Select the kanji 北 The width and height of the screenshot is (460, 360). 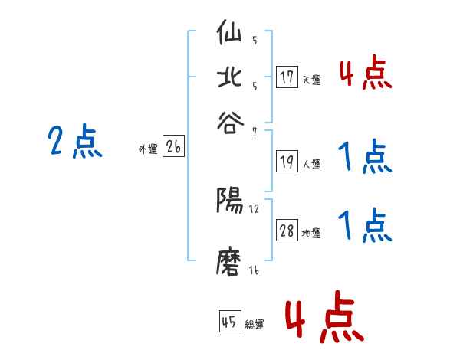(x=230, y=78)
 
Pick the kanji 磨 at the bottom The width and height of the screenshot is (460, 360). (x=230, y=263)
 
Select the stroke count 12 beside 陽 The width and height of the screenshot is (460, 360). (x=255, y=209)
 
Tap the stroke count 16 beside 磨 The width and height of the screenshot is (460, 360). (x=254, y=271)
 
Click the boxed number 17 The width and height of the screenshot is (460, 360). (x=287, y=77)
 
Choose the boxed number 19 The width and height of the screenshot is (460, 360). (x=287, y=161)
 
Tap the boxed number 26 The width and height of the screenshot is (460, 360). (x=173, y=147)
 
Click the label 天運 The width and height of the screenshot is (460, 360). (x=311, y=80)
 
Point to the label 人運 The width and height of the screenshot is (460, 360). (x=311, y=163)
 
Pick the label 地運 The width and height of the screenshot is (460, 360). (x=312, y=233)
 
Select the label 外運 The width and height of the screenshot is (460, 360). (x=148, y=149)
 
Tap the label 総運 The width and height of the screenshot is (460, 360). (x=255, y=324)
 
